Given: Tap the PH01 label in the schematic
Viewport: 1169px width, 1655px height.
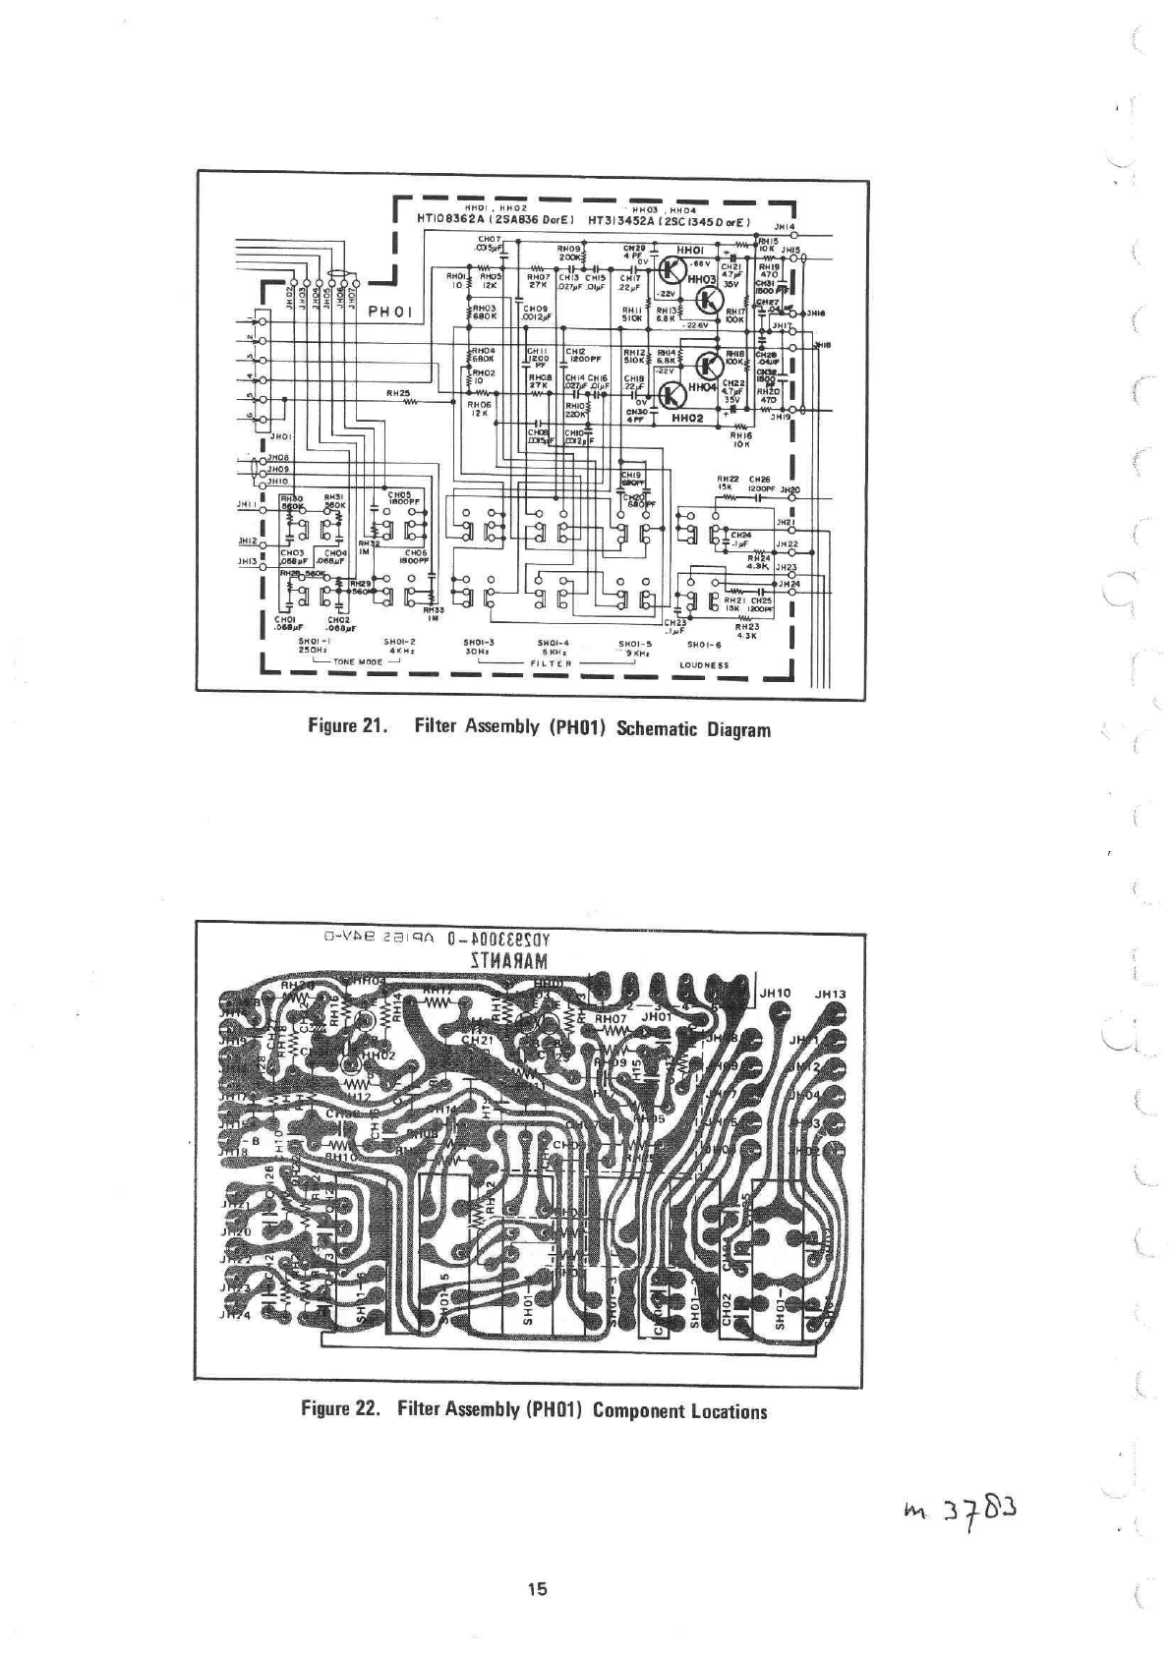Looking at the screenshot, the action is tap(394, 312).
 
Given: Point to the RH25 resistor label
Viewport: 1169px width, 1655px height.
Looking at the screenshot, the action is tap(397, 392).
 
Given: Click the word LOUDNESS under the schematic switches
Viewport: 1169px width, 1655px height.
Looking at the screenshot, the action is tap(704, 664).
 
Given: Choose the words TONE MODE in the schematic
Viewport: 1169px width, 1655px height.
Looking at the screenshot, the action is tap(358, 662).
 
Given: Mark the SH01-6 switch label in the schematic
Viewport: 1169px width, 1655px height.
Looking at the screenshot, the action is tap(704, 645).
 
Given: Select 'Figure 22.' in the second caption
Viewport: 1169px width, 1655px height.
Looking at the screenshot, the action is tap(335, 1409).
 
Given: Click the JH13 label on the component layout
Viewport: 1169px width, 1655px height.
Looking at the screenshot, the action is tap(831, 994).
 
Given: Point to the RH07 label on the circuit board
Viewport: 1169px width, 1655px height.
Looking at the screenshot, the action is tap(611, 1019).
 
